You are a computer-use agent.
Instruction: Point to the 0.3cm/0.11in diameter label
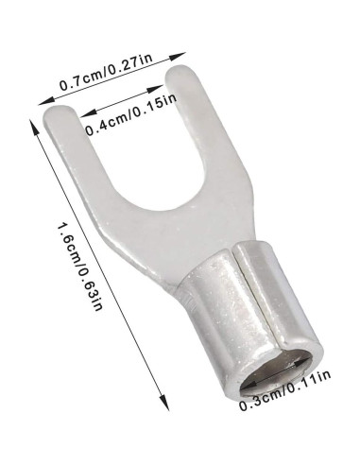tap(285, 389)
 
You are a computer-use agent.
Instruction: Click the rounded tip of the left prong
tap(60, 111)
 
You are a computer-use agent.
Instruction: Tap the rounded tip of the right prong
tap(180, 70)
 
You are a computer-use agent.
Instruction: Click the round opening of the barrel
tap(274, 370)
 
